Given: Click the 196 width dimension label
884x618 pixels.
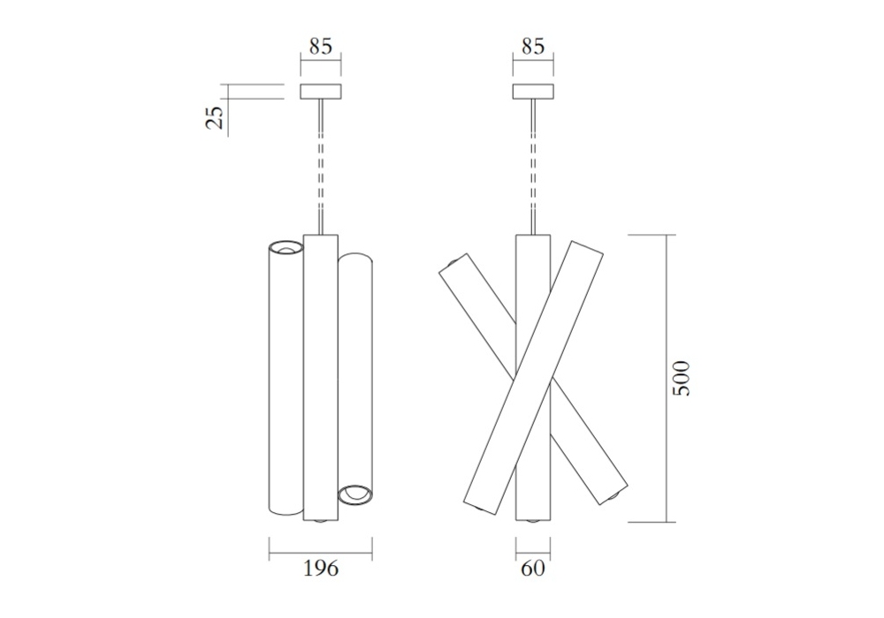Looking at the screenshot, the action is (x=321, y=569).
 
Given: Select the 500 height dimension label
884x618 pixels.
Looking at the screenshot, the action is (x=681, y=378).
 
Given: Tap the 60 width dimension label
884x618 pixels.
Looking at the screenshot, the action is (x=533, y=569).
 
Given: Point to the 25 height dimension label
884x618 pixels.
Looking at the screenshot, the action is (x=215, y=117).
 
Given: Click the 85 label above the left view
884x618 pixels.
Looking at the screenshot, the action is (x=320, y=46).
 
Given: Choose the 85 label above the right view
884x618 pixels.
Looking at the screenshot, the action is (x=533, y=46).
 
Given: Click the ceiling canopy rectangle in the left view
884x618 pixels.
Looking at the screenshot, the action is (x=320, y=92).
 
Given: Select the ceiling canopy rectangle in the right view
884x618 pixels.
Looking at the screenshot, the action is (x=533, y=92).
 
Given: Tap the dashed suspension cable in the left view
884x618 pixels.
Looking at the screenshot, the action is (x=321, y=167).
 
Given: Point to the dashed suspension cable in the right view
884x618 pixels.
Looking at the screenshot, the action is (x=533, y=167).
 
